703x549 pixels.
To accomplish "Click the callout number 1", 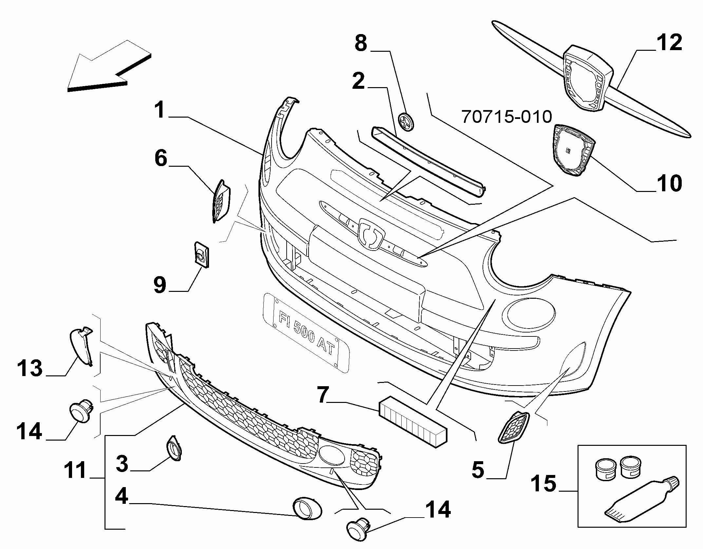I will (160, 110).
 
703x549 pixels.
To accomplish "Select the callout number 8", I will (361, 44).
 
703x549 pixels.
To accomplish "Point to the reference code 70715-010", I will (506, 117).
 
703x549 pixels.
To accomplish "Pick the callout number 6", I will (161, 159).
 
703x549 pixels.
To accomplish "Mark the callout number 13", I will (30, 368).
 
